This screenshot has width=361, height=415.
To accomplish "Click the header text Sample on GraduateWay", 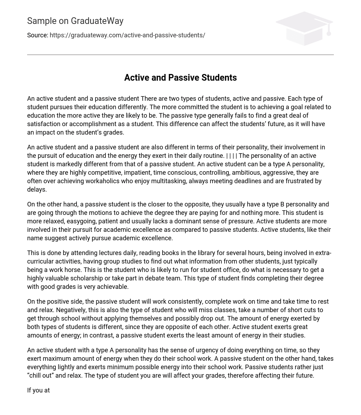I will click(x=75, y=21).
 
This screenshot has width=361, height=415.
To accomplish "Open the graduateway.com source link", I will click(x=127, y=35).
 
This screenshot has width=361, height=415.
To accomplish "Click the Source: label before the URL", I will click(x=37, y=35).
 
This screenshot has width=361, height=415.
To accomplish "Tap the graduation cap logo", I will click(x=304, y=28).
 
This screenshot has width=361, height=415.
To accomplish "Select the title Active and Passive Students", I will click(x=180, y=78).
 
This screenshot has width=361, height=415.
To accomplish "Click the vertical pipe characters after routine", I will click(x=232, y=156).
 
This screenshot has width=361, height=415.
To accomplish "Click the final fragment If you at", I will click(x=38, y=390).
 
